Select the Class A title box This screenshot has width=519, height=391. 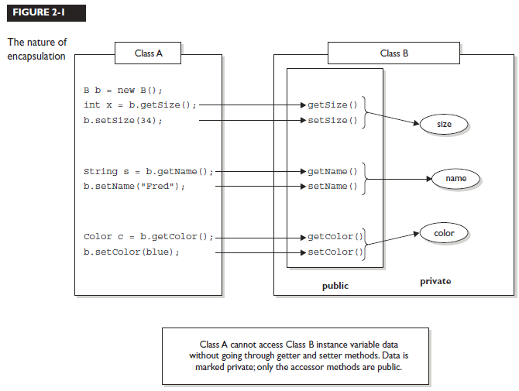click(147, 53)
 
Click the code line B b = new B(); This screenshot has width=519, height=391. click(123, 91)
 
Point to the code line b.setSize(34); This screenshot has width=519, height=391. click(123, 121)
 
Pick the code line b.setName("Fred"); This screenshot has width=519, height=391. click(135, 187)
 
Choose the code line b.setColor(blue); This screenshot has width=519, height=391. click(131, 252)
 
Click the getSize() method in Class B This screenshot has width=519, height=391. click(332, 105)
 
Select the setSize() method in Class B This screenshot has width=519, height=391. click(332, 121)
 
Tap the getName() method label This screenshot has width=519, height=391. click(332, 171)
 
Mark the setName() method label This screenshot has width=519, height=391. click(332, 187)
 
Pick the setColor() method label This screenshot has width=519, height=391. click(335, 252)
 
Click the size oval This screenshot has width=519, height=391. click(444, 124)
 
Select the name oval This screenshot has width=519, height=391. click(456, 179)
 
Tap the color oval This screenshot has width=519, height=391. click(444, 232)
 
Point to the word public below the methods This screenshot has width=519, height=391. click(335, 286)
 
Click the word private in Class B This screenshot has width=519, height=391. click(435, 282)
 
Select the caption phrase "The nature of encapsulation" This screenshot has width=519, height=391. click(36, 49)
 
